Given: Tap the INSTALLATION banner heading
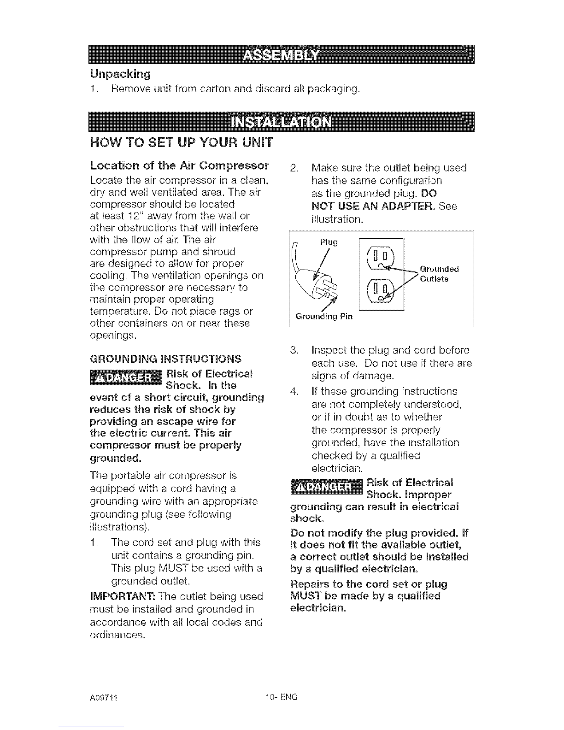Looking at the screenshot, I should (282, 122).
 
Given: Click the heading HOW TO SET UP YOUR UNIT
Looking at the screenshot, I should (182, 142).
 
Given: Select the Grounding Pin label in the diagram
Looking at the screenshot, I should (324, 316).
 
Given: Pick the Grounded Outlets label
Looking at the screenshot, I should (439, 274).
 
